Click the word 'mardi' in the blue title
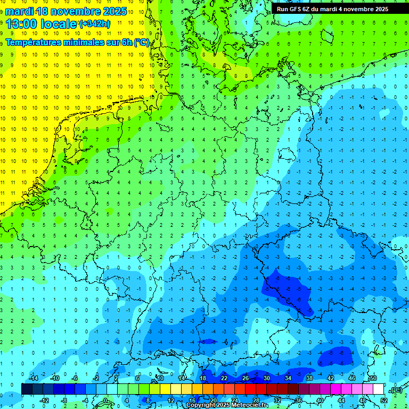tap(19, 11)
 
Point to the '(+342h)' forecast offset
tap(95, 24)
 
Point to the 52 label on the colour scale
tap(384, 400)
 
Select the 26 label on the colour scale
tap(246, 378)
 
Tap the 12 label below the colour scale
tap(171, 400)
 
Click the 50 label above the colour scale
tap(373, 378)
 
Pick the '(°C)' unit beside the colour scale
tap(396, 390)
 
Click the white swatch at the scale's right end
tap(378, 389)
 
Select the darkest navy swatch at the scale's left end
tap(27, 389)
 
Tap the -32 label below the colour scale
tap(277, 400)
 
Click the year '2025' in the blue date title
tap(114, 11)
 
